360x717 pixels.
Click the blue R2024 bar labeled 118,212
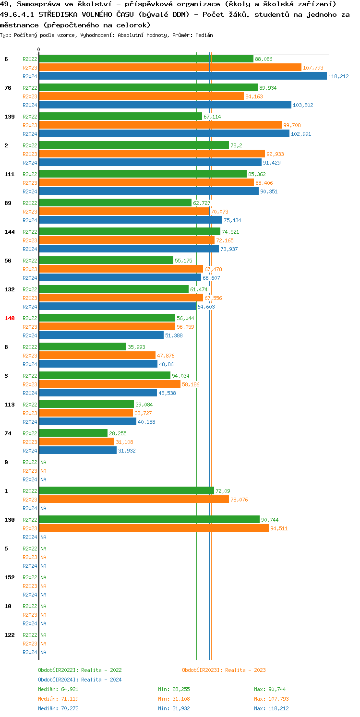182,76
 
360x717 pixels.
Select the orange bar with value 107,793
170,68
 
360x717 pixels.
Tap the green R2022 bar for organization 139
120,117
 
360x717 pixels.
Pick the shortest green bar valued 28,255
73,433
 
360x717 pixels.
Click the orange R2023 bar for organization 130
154,528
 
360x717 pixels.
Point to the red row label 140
10,318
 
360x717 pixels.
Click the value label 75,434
233,220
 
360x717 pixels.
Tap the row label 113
10,405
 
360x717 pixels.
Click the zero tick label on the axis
39,49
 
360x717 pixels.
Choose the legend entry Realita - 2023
224,670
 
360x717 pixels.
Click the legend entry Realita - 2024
80,680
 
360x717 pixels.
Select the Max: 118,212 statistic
271,708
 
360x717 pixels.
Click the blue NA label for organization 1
43,508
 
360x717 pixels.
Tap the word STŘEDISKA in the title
60,14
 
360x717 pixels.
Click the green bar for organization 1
126,491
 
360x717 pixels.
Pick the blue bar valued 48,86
98,364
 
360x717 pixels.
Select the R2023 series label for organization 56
30,269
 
